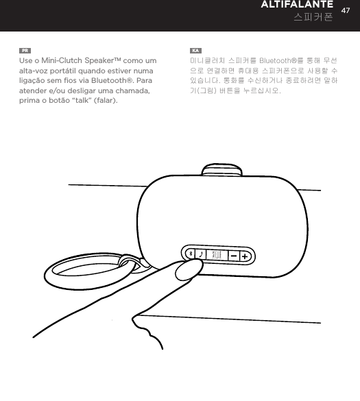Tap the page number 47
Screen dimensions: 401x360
tap(346, 10)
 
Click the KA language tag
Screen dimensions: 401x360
tap(195, 51)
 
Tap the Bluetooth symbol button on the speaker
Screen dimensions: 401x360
tap(190, 254)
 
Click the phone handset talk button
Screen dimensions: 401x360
tap(200, 254)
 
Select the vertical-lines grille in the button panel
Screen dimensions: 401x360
tap(217, 254)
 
